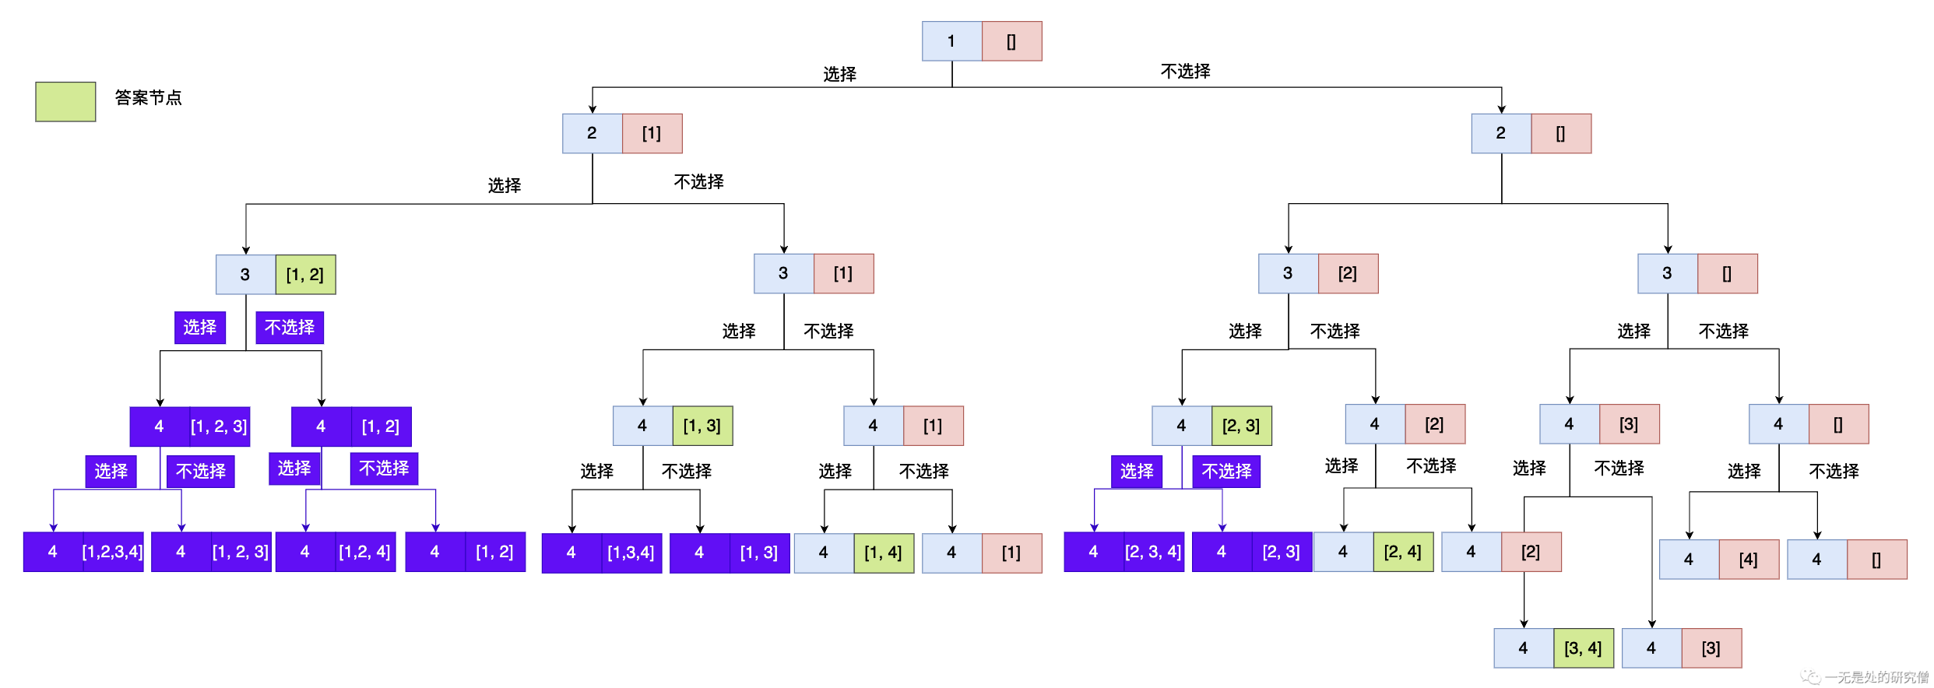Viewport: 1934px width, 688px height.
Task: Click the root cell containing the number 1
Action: coord(951,41)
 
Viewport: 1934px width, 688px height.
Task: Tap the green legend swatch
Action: coord(65,101)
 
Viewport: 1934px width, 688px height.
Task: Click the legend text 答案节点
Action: coord(148,98)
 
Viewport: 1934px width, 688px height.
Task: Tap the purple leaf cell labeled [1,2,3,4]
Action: coord(113,552)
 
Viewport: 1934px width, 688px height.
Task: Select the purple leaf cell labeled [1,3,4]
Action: coord(631,553)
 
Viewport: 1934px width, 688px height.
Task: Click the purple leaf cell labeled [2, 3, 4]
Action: coord(1153,552)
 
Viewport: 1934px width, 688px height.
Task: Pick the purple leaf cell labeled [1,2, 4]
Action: coord(365,552)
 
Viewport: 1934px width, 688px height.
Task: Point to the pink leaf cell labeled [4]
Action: coord(1749,560)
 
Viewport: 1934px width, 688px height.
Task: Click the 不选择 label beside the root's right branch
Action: coord(1185,72)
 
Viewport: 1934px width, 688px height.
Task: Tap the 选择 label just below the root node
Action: coord(839,75)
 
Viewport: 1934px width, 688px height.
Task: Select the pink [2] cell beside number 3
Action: coord(1348,273)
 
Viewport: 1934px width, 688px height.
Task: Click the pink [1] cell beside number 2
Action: coord(652,133)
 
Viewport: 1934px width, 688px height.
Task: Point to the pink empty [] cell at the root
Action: coord(1011,41)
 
